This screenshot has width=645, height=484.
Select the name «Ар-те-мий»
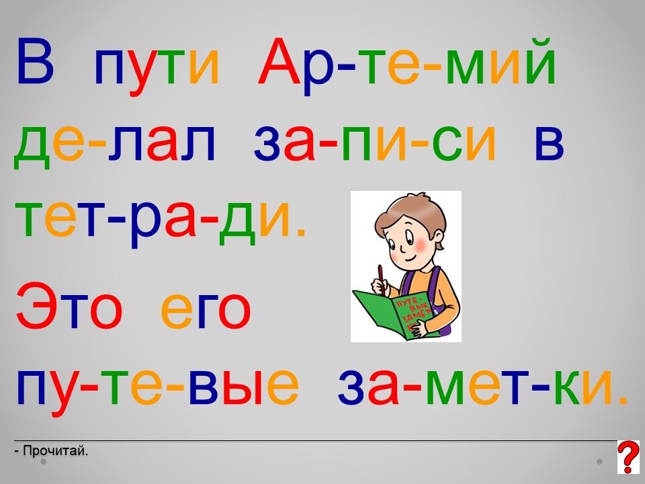pos(407,66)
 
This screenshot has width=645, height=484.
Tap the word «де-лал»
pos(114,144)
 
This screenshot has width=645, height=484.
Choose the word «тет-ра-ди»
pos(161,223)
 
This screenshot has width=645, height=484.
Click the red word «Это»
pos(69,306)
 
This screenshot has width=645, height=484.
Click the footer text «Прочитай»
pos(55,451)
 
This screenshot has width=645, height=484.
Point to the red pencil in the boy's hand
pos(382,280)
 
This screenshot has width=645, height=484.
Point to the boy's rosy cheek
pos(421,246)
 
